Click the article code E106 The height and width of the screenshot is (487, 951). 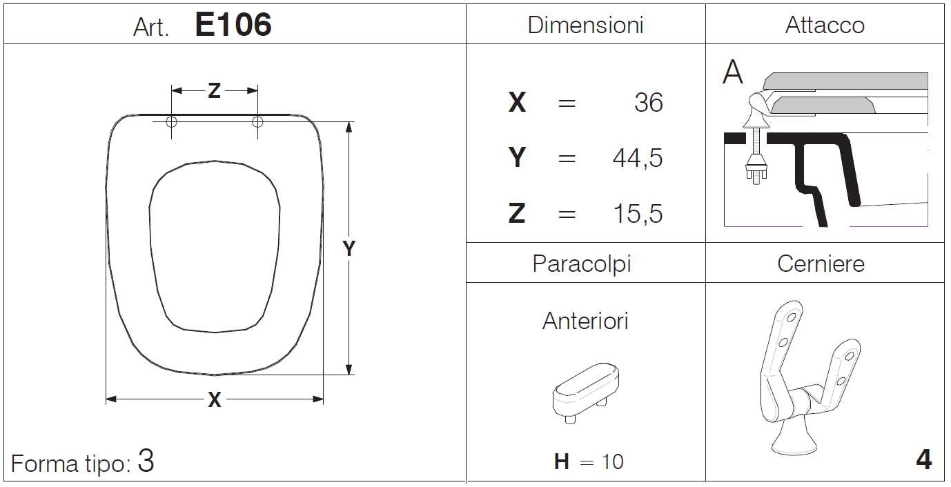[233, 24]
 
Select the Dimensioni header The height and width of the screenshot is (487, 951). [585, 25]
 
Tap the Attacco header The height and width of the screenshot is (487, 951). [825, 25]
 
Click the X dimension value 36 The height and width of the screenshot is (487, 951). [648, 102]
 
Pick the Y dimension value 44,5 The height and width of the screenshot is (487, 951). [637, 158]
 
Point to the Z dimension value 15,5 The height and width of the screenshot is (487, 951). [638, 213]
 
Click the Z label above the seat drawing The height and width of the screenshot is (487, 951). [215, 90]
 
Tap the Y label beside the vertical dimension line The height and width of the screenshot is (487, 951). [349, 248]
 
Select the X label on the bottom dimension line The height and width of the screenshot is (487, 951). [215, 399]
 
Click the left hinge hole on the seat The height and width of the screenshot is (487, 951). [171, 122]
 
